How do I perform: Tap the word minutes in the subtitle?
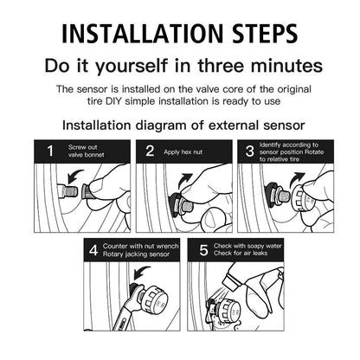pyautogui.click(x=286, y=66)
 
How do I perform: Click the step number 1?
pyautogui.click(x=50, y=151)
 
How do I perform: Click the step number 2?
pyautogui.click(x=150, y=151)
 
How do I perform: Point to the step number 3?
pyautogui.click(x=250, y=151)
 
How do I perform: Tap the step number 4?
pyautogui.click(x=93, y=250)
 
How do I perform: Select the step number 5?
pyautogui.click(x=203, y=250)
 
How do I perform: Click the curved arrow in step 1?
pyautogui.click(x=74, y=176)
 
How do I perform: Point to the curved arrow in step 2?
pyautogui.click(x=184, y=180)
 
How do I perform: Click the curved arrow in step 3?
pyautogui.click(x=296, y=179)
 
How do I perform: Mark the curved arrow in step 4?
pyautogui.click(x=141, y=273)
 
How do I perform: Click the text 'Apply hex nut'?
pyautogui.click(x=183, y=152)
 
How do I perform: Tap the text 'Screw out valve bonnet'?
pyautogui.click(x=87, y=151)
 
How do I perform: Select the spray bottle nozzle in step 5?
pyautogui.click(x=231, y=280)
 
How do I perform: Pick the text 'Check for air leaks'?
pyautogui.click(x=241, y=254)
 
